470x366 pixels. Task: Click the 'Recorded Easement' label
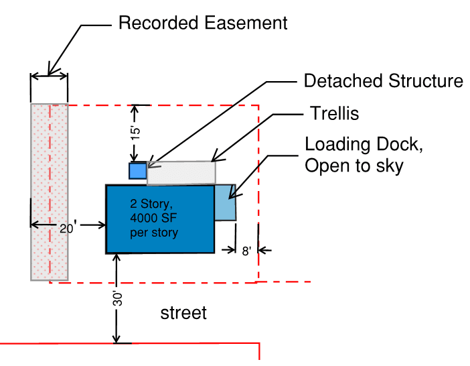coord(202,23)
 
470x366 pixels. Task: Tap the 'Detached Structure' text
coord(383,81)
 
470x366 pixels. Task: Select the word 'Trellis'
coord(334,114)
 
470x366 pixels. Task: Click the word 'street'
coord(183,312)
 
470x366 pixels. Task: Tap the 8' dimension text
coord(246,251)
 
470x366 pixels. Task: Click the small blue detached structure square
coord(137,171)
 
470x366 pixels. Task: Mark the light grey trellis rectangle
coord(181,172)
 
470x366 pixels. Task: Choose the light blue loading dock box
coord(226,202)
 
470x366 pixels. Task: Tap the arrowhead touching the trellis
coord(214,160)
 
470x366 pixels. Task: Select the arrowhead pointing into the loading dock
coord(232,196)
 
